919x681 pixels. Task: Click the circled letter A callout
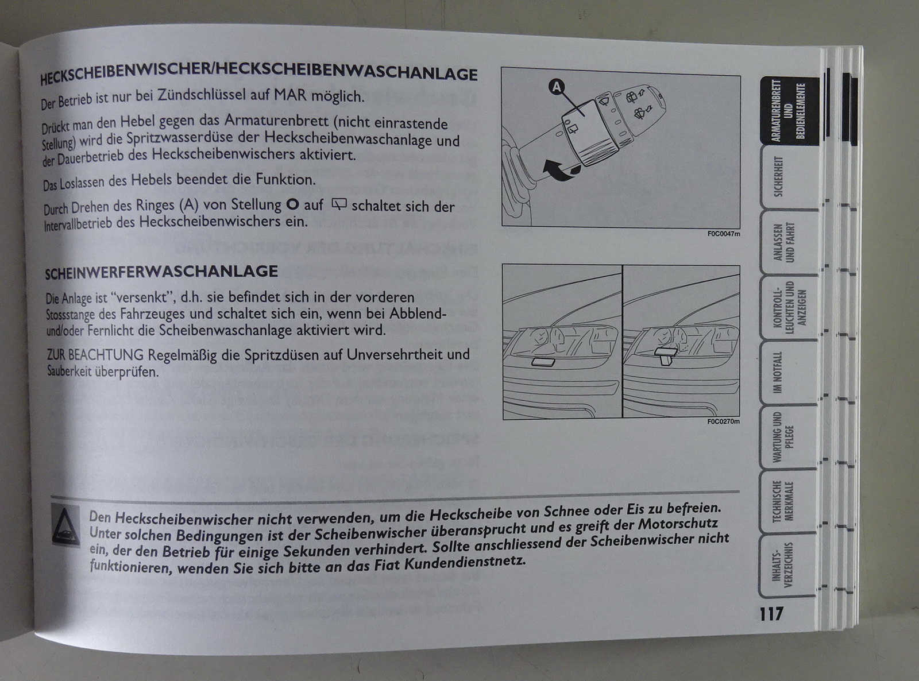[557, 87]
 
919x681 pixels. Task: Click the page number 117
[771, 613]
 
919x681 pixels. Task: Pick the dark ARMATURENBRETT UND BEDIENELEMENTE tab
[790, 111]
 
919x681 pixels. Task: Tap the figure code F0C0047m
[724, 234]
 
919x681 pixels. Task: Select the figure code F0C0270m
[724, 421]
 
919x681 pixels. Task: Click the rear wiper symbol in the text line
[339, 204]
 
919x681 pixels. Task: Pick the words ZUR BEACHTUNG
[95, 355]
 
